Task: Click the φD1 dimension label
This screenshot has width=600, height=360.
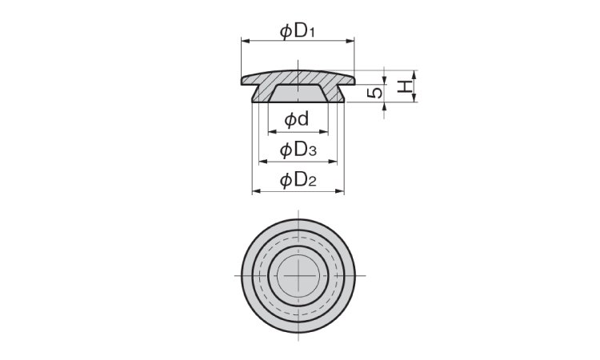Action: click(298, 31)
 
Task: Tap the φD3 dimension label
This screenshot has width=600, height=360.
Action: click(298, 150)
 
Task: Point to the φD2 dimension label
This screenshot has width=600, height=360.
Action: click(298, 180)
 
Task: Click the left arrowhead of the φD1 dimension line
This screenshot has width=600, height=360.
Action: click(243, 42)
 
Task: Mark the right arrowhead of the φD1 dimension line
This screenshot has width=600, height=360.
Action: click(351, 42)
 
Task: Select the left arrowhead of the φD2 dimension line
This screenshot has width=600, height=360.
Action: click(255, 191)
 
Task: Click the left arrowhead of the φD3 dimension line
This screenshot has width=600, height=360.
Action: click(261, 162)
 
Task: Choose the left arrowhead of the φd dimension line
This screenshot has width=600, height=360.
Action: click(271, 132)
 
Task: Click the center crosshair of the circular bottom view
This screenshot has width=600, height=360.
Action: click(298, 275)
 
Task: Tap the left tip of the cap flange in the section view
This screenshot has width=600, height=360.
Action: click(242, 81)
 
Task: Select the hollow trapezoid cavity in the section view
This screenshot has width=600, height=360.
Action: click(298, 95)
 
